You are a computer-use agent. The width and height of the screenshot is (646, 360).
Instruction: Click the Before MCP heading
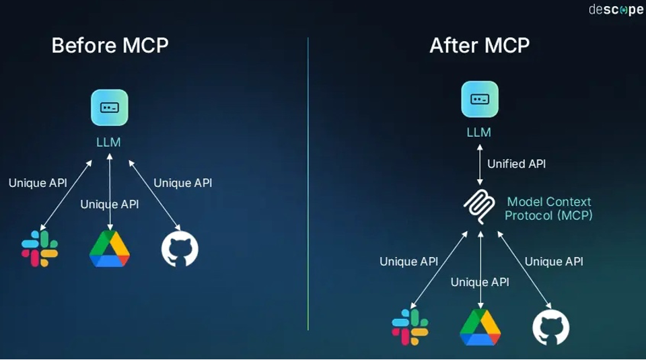(110, 46)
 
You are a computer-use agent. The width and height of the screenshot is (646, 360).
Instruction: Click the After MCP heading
(479, 46)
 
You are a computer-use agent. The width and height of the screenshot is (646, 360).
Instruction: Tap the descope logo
(616, 9)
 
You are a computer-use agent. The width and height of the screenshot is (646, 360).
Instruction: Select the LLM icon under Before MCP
(110, 108)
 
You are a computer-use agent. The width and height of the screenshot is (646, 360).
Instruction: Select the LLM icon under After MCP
(480, 99)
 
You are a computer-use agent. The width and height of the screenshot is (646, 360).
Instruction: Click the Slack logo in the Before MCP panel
(40, 248)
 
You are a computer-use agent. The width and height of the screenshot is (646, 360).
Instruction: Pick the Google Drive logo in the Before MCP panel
(110, 248)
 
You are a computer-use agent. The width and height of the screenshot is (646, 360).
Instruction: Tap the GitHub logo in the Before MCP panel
(180, 248)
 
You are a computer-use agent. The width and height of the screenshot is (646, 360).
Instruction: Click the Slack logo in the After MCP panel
(410, 327)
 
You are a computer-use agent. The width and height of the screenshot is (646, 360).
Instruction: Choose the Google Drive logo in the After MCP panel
(480, 327)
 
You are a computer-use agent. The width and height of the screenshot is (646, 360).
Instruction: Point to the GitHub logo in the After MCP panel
(550, 327)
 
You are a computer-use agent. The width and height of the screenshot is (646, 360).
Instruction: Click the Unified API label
(516, 164)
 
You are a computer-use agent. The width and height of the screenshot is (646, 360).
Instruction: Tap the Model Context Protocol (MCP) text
(548, 209)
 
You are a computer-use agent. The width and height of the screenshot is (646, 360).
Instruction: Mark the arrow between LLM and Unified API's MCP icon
(480, 163)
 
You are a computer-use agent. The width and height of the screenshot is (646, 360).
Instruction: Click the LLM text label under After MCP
(479, 133)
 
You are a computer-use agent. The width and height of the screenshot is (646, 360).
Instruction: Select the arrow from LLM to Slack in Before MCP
(66, 195)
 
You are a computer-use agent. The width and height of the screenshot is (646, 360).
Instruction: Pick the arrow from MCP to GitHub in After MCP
(524, 270)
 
